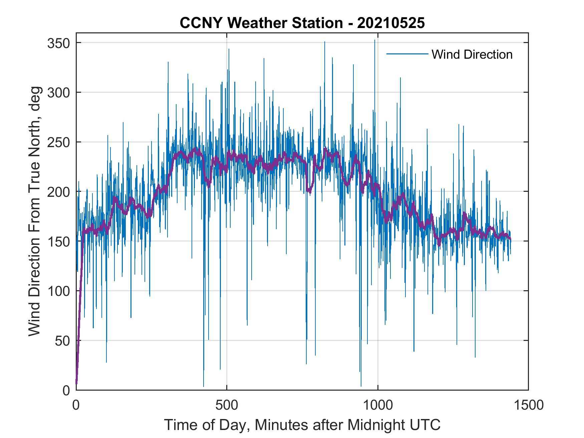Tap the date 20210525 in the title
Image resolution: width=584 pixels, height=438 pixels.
point(391,23)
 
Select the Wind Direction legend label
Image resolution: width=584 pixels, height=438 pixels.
point(472,54)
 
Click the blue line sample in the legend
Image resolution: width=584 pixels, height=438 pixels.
point(407,54)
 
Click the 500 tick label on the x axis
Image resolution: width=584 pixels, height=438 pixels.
point(227,405)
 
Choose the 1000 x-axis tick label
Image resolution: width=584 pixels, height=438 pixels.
point(377,405)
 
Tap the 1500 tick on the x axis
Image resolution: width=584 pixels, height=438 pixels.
point(528,405)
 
